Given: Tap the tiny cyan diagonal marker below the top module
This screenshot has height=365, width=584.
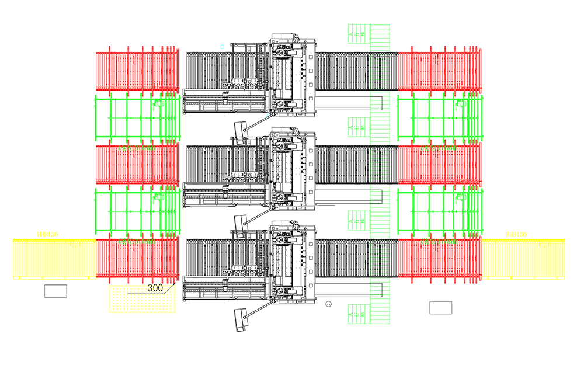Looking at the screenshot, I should pyautogui.click(x=267, y=116).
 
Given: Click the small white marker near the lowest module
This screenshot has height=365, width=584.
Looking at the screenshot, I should pyautogui.click(x=349, y=237).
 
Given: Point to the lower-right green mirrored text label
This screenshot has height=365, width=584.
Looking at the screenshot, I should pyautogui.click(x=439, y=240).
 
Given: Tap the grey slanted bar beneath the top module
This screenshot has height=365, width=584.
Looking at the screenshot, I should pyautogui.click(x=237, y=127).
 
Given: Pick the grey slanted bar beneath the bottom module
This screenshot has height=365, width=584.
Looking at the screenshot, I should pyautogui.click(x=237, y=318).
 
